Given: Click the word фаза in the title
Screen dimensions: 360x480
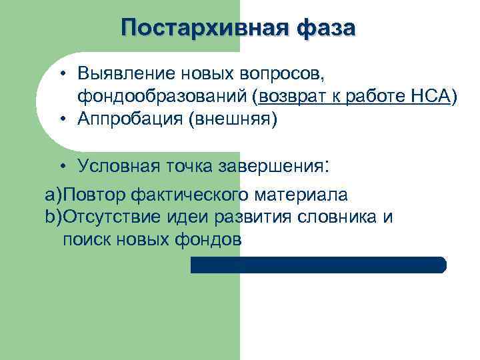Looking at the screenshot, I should (x=324, y=28).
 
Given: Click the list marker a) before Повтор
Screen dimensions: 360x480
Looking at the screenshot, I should (x=53, y=195).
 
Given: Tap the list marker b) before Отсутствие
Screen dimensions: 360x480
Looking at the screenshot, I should (x=53, y=217).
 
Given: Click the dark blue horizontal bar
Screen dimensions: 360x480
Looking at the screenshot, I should (x=318, y=265).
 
